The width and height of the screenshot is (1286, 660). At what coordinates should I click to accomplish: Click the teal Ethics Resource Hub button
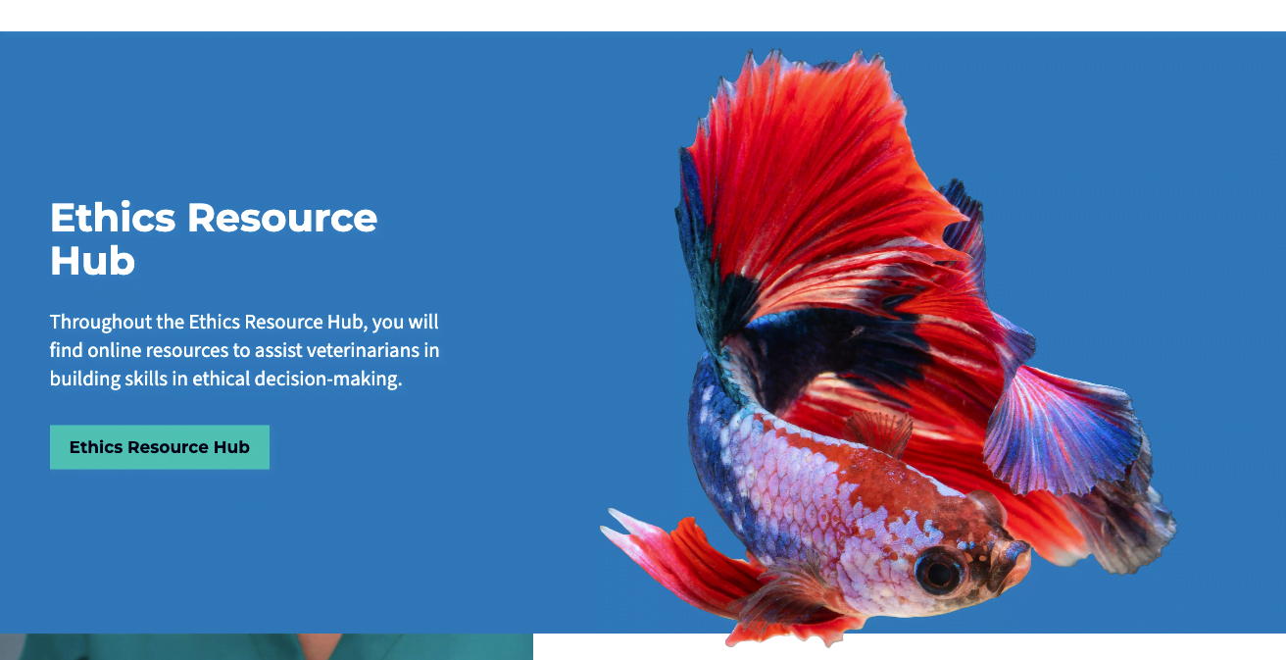click(160, 447)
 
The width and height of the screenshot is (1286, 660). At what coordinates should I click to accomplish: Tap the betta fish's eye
click(939, 572)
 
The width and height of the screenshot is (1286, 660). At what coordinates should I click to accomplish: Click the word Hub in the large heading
click(92, 261)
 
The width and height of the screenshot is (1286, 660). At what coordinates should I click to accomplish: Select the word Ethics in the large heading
click(113, 218)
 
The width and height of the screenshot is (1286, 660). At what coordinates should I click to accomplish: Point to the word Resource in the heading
click(282, 218)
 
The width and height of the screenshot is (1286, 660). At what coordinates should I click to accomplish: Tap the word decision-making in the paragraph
click(327, 380)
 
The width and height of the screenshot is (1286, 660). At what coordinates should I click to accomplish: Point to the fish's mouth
click(1017, 566)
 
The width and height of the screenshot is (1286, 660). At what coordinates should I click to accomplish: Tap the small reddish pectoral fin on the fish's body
click(879, 432)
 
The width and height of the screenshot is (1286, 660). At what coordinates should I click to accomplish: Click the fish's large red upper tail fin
click(816, 173)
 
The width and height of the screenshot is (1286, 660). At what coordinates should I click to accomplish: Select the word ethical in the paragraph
click(222, 380)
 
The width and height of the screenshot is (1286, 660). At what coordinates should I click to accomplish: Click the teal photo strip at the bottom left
click(267, 647)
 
